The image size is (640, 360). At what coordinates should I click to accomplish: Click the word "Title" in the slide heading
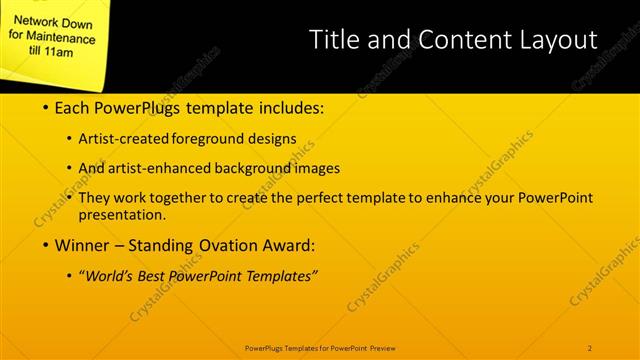click(x=333, y=40)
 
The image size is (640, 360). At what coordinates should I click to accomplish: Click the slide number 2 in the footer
click(x=590, y=347)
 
